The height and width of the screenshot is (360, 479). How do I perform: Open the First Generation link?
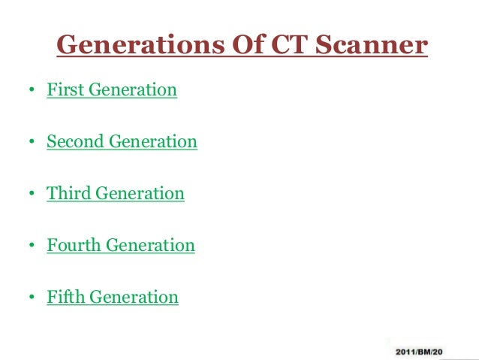(x=112, y=90)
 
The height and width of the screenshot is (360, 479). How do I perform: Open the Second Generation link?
(x=122, y=141)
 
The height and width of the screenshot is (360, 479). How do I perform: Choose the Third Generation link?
(x=115, y=193)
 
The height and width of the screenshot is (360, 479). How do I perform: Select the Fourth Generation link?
(x=120, y=245)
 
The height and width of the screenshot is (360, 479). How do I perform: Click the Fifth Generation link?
(x=113, y=297)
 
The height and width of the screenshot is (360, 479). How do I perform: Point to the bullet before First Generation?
(x=32, y=92)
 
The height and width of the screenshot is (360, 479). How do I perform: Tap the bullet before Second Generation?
(x=32, y=143)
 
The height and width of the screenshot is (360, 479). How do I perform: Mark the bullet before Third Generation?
(x=32, y=195)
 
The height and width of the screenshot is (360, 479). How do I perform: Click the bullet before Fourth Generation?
(x=32, y=247)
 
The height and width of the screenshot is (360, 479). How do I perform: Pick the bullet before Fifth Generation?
(x=32, y=298)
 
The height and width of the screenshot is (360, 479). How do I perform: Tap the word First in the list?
(x=65, y=90)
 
